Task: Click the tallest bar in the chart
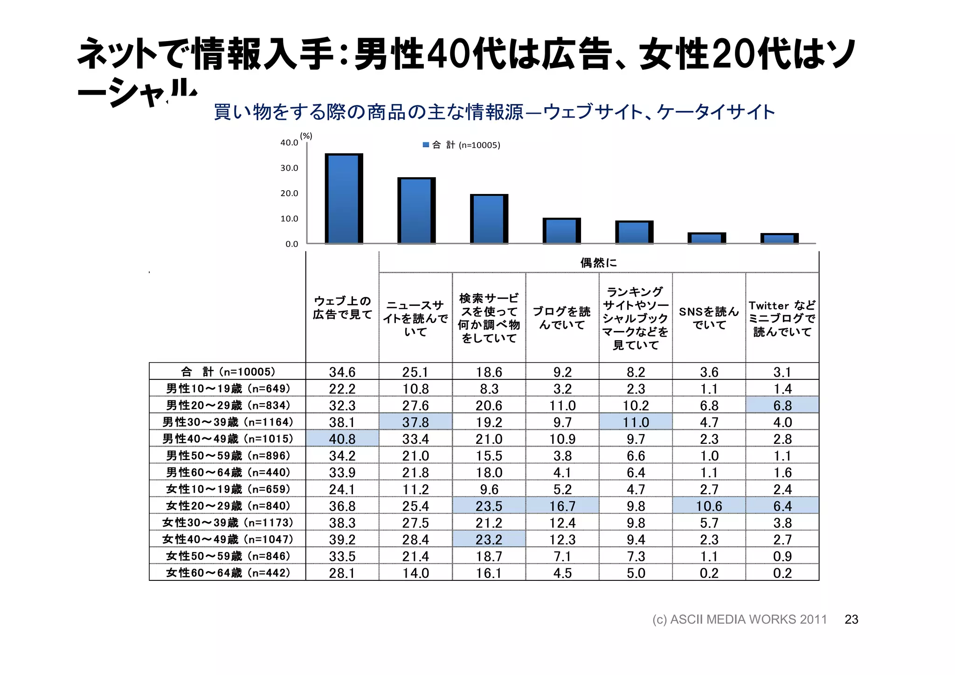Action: [x=344, y=199]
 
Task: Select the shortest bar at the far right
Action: [x=779, y=239]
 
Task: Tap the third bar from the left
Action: [x=489, y=219]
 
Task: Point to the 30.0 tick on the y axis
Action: [x=289, y=168]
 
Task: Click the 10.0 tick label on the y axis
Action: [x=289, y=219]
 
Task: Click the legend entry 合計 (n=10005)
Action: [x=461, y=145]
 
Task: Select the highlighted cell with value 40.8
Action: [x=342, y=439]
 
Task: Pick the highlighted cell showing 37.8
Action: [x=415, y=422]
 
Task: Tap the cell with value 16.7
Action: [x=562, y=506]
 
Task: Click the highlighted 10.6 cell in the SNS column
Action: [x=709, y=506]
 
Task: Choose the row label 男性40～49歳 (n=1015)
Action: [x=228, y=439]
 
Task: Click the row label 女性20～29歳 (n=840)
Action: [x=228, y=506]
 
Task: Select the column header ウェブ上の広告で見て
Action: [x=342, y=308]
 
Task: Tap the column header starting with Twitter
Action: [x=782, y=318]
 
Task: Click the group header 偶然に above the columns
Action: [x=598, y=263]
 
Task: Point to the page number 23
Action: [x=851, y=619]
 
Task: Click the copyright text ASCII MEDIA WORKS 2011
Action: [x=740, y=619]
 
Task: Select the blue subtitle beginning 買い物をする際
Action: [x=494, y=112]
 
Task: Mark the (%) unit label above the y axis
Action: [x=306, y=136]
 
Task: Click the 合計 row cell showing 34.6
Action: [x=342, y=372]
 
